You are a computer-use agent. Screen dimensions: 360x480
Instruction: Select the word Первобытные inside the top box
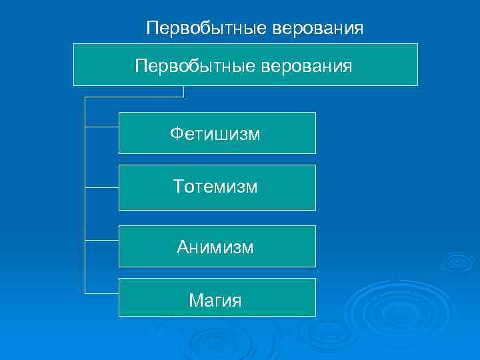(x=189, y=65)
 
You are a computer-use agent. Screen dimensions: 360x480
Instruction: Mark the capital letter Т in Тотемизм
(x=179, y=187)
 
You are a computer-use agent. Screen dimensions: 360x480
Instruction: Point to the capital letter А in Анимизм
(x=183, y=247)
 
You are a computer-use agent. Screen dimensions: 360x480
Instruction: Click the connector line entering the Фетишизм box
(x=102, y=126)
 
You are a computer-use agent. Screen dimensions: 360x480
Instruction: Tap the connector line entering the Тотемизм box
(x=102, y=187)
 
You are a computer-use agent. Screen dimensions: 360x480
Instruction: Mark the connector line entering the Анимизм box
(x=102, y=239)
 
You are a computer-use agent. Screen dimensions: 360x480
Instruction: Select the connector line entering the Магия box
(x=102, y=293)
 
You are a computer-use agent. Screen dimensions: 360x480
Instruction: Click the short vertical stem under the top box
(x=183, y=91)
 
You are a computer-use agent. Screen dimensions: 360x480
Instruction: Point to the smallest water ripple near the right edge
(x=457, y=261)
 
